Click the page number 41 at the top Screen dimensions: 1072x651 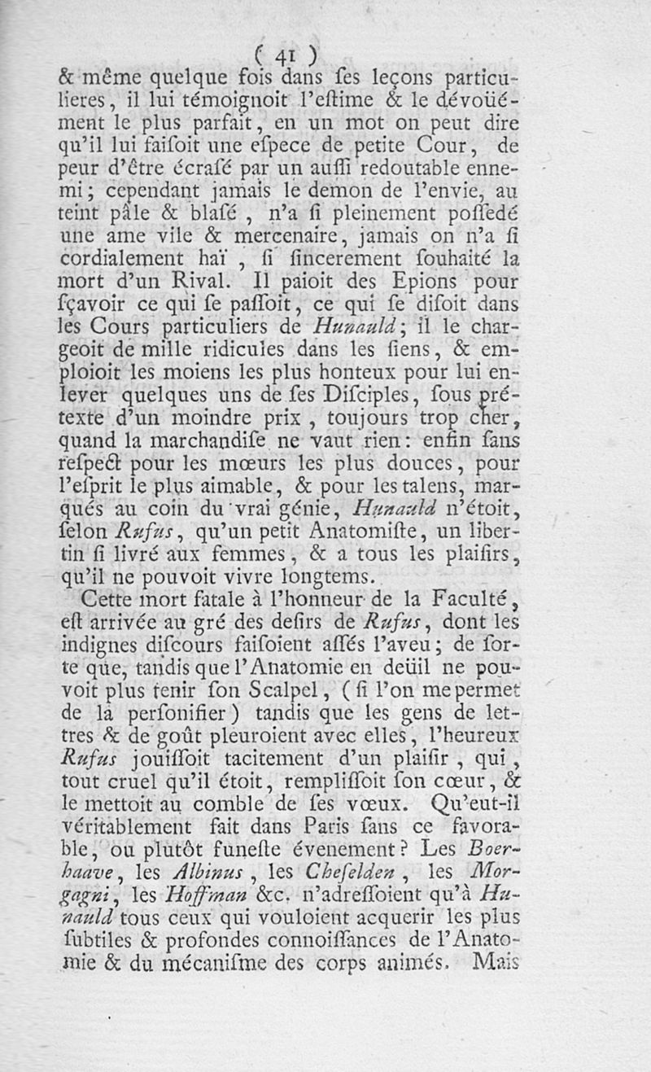coord(284,55)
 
